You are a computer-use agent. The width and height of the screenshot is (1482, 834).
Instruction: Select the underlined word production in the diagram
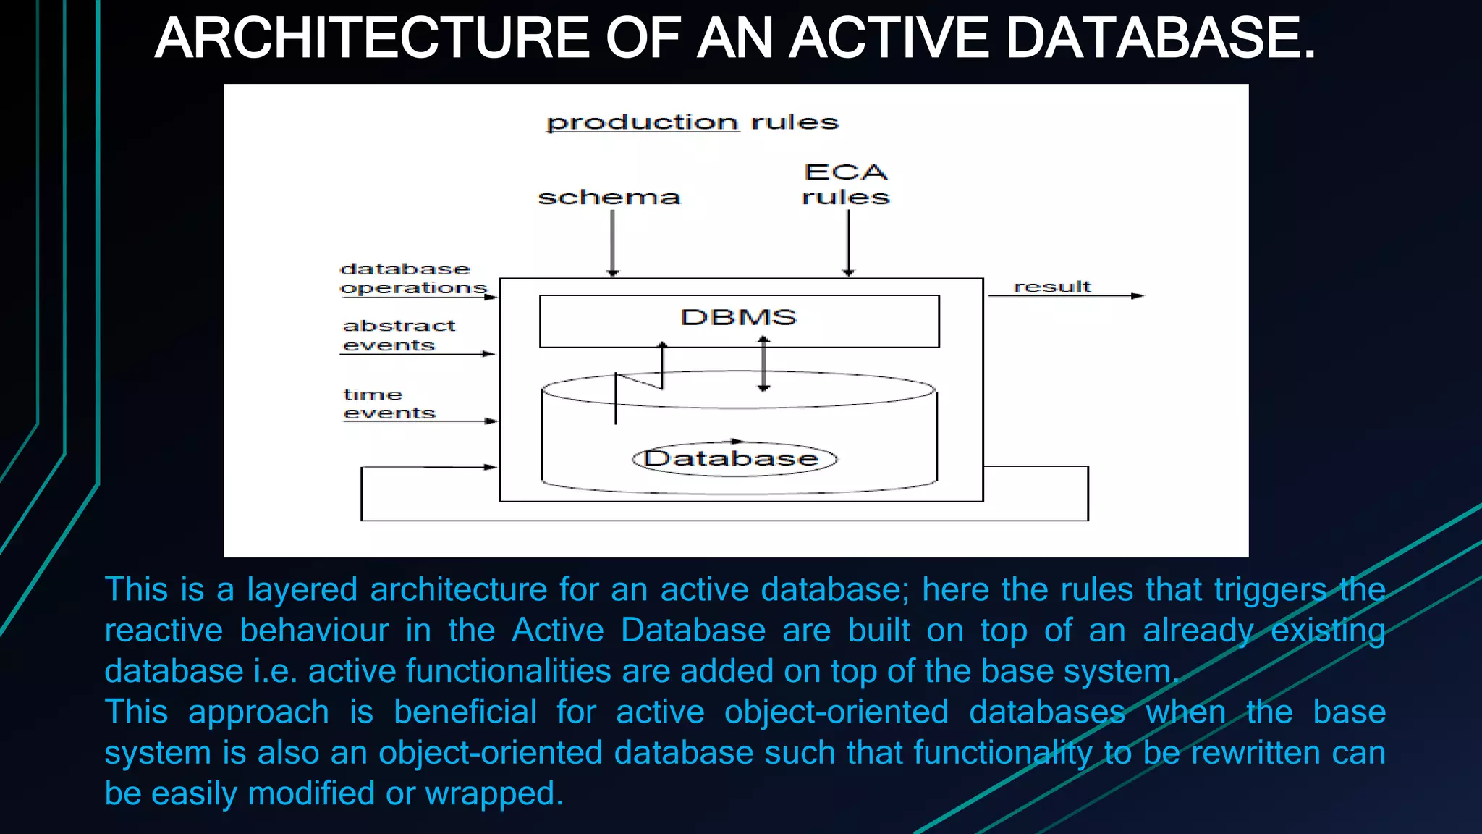643,122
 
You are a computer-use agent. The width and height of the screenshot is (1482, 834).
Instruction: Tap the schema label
609,198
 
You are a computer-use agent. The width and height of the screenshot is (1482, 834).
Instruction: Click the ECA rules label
846,185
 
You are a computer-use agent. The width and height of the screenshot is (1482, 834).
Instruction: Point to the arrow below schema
613,243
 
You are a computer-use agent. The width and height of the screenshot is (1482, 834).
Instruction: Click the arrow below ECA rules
849,243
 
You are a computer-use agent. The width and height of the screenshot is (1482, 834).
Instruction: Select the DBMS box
739,321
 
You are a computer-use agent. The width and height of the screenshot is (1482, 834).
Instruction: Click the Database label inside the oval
732,459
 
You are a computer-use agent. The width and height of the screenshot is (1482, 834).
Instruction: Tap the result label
1052,287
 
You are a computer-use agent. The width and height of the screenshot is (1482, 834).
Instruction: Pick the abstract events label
398,335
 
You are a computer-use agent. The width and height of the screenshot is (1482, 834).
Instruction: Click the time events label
389,404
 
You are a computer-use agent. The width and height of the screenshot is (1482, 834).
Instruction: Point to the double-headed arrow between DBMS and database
763,364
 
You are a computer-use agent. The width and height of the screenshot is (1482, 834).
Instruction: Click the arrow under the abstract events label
418,354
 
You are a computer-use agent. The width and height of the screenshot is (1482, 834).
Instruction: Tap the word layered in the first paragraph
302,589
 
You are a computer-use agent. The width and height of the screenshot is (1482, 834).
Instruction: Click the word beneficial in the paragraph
465,712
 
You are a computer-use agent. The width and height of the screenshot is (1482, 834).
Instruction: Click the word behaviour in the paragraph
314,630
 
